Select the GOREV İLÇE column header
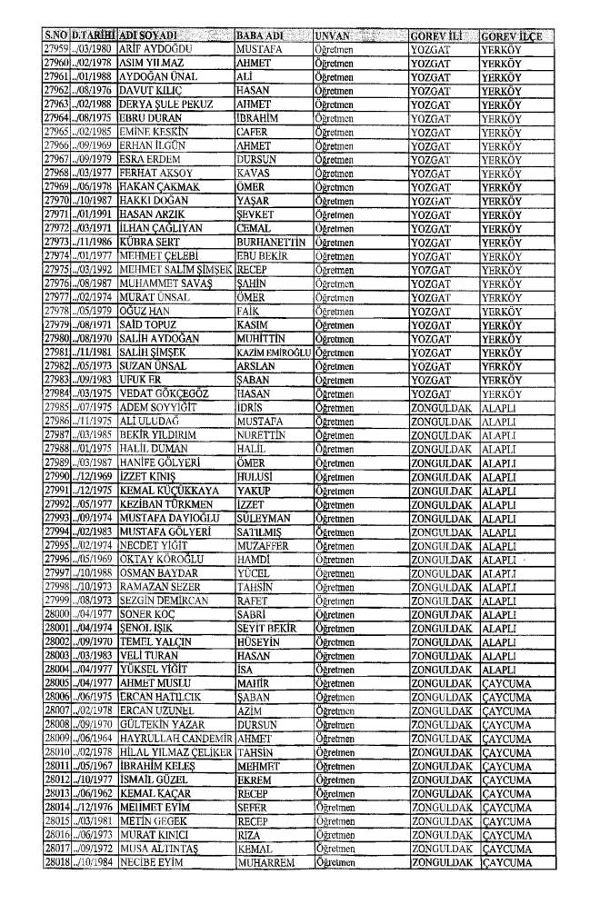512,34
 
